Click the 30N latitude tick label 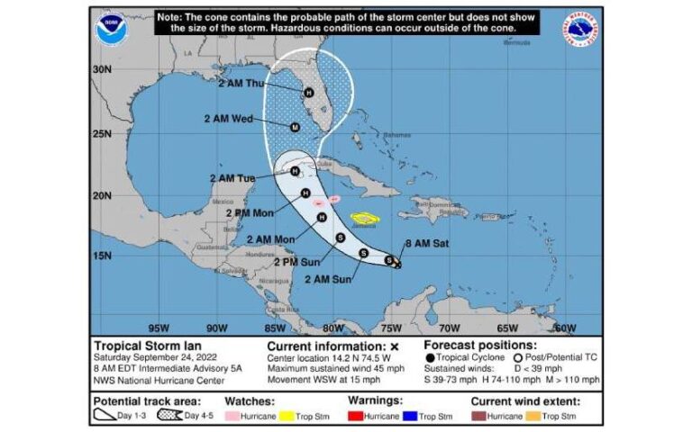click(102, 69)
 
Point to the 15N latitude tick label click(102, 256)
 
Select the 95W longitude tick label click(159, 328)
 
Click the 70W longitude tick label click(449, 328)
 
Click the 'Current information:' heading click(325, 346)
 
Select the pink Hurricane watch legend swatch click(232, 417)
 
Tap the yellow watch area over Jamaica click(364, 218)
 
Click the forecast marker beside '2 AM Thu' click(308, 92)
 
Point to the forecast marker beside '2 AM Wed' click(295, 128)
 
